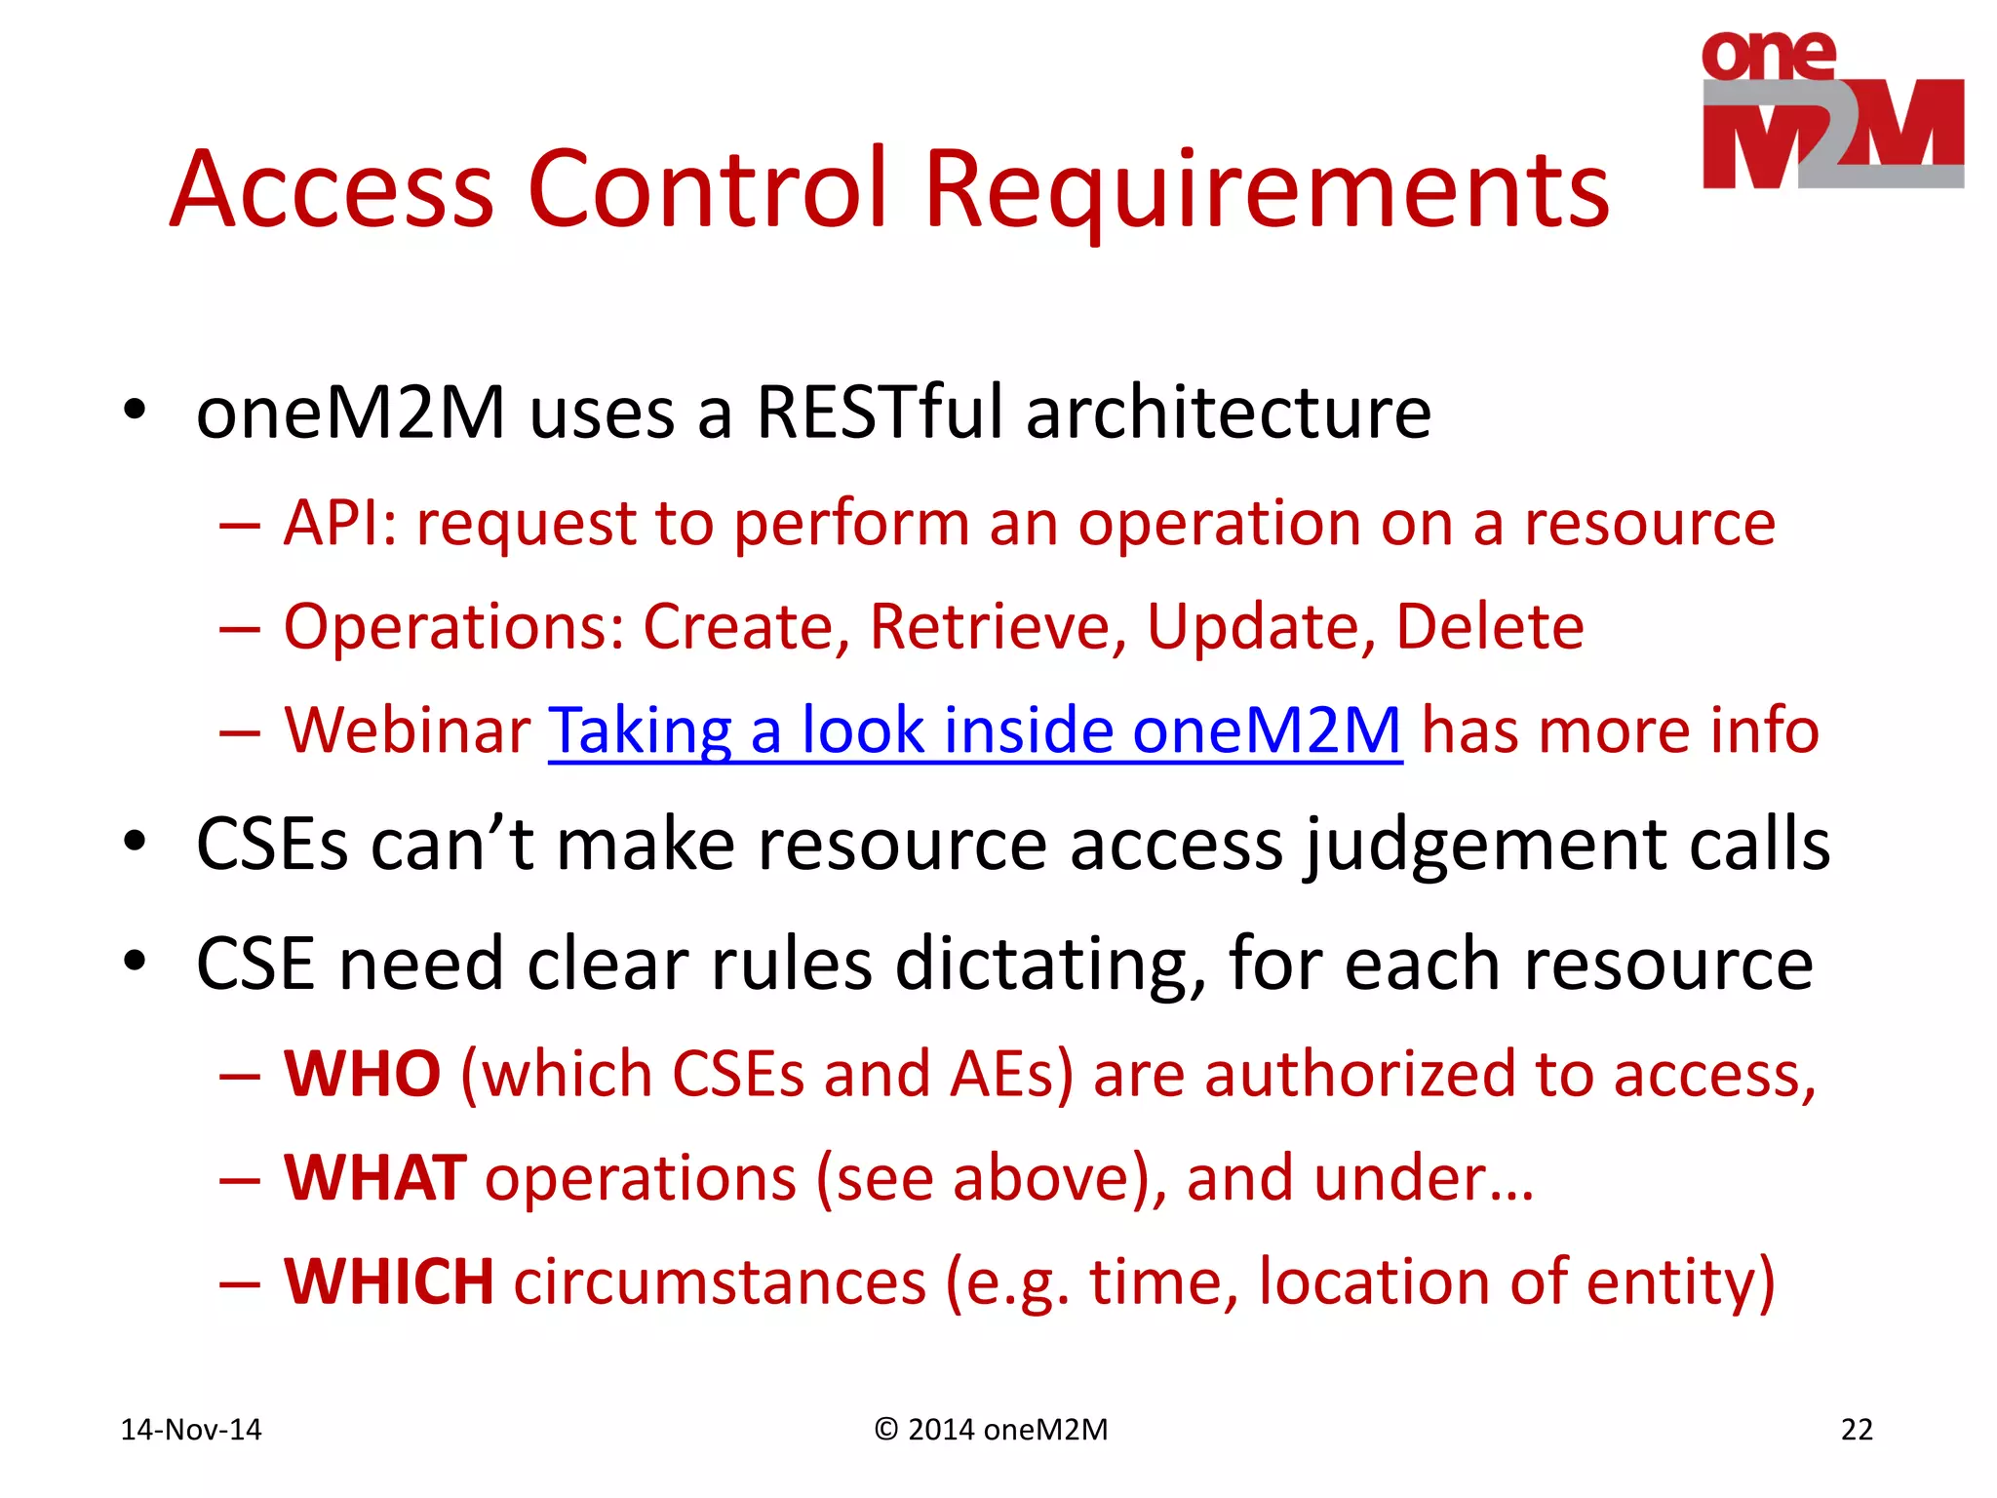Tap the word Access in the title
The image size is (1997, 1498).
click(332, 191)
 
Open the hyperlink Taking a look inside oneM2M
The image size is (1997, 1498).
click(975, 730)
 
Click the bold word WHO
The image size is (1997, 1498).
click(362, 1075)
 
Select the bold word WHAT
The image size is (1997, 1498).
click(374, 1178)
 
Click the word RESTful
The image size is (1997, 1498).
click(879, 413)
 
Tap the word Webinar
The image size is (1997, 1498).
click(407, 730)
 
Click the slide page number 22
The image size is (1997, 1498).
click(1856, 1430)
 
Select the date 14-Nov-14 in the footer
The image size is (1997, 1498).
click(191, 1430)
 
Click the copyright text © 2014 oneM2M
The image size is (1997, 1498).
click(991, 1430)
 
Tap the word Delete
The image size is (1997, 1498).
click(1489, 626)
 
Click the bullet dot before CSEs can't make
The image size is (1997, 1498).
click(135, 842)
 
